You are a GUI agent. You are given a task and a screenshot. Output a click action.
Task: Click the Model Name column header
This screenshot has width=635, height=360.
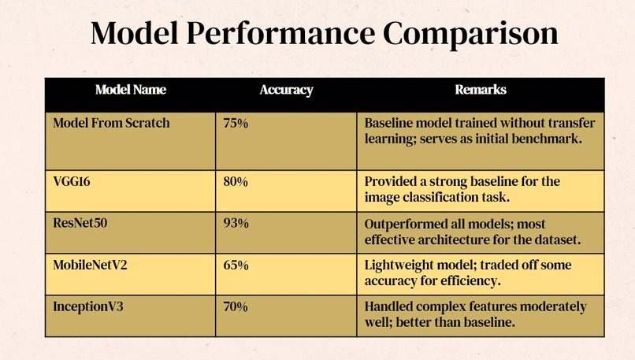(131, 90)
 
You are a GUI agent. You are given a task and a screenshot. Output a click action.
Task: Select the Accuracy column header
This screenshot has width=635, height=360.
(286, 90)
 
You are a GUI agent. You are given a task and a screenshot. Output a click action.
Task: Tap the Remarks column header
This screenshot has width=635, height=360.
(481, 90)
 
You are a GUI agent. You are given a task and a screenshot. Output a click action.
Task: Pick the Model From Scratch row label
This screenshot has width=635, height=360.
(111, 123)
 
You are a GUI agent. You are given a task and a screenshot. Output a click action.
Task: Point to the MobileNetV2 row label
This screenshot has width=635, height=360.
(90, 265)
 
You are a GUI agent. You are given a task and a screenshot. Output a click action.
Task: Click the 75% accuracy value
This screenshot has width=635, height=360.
(236, 123)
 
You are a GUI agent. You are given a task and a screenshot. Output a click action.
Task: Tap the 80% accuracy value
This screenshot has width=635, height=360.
(236, 181)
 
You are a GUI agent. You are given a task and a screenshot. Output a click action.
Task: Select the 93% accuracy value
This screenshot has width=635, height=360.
(236, 223)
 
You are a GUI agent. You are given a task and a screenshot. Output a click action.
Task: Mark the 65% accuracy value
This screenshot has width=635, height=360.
(236, 265)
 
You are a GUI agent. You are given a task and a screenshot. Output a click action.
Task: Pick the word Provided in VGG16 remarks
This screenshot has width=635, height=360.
(389, 181)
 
